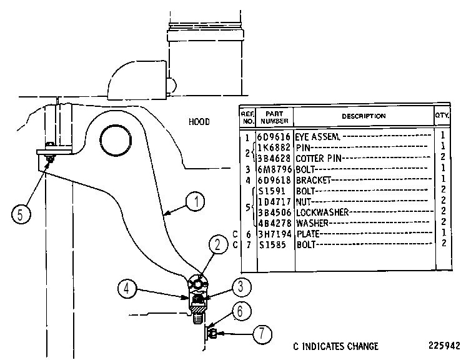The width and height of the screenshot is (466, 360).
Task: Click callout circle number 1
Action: point(196,202)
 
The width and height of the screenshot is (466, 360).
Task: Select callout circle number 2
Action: point(218,245)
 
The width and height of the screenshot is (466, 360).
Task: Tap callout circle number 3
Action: point(241,287)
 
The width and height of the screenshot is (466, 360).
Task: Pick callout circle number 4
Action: point(127,289)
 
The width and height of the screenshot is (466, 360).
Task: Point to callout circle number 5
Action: point(21,214)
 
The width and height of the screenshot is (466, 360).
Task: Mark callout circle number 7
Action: point(262,334)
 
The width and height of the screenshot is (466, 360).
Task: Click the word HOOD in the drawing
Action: point(199,122)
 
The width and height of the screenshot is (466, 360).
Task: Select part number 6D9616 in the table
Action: point(274,137)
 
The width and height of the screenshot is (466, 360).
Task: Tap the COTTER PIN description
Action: point(319,158)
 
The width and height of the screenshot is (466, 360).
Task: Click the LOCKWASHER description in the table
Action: point(322,212)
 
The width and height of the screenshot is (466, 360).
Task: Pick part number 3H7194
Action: point(274,234)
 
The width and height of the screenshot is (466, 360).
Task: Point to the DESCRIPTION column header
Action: point(364,116)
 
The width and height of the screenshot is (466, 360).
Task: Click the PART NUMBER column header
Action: point(274,117)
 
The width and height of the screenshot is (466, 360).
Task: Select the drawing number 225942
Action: point(444,346)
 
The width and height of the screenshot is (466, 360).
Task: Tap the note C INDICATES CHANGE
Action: point(336,346)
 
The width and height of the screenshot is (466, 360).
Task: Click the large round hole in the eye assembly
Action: point(116,141)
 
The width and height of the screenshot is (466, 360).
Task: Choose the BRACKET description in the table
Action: point(313,180)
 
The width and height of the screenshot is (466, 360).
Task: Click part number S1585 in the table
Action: point(272,245)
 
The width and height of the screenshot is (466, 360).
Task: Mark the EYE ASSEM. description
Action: point(317,137)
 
